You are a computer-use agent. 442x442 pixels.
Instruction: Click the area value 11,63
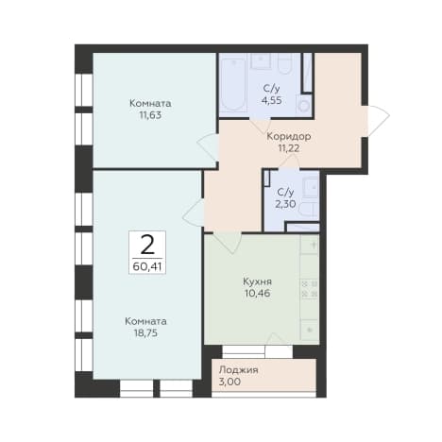(x=150, y=115)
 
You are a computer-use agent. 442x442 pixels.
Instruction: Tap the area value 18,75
(x=145, y=333)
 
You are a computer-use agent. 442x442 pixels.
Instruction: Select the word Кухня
(x=257, y=281)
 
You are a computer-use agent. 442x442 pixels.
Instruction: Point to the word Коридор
(x=289, y=137)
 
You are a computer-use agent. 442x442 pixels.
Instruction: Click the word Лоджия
(x=239, y=369)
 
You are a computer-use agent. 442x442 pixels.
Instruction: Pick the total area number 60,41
(x=147, y=267)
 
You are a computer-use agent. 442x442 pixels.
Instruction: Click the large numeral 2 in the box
(x=147, y=245)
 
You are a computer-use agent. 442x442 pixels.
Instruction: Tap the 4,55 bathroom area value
(x=271, y=100)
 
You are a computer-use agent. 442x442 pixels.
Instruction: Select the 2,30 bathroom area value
(x=285, y=204)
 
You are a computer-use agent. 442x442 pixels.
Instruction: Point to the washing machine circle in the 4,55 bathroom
(x=304, y=106)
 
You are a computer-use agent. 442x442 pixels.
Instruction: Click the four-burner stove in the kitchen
(x=310, y=289)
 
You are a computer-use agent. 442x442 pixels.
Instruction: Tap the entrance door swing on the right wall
(x=378, y=121)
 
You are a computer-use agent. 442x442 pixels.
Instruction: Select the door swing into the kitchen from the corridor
(x=228, y=243)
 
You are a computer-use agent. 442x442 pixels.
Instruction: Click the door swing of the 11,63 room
(x=208, y=147)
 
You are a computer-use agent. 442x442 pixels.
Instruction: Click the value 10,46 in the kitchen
(x=257, y=294)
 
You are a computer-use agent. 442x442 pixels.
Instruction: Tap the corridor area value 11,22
(x=289, y=148)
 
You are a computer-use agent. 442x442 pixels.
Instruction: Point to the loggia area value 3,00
(x=229, y=382)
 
